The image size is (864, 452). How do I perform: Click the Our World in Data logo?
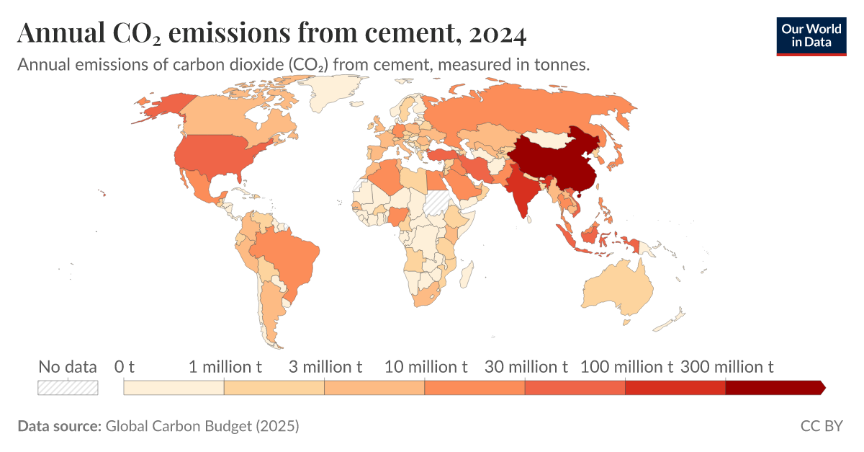coord(811,35)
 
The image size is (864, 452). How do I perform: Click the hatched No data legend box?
coord(68,387)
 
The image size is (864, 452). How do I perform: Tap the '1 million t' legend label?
coord(225,367)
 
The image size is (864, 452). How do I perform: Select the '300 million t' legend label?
coord(726,367)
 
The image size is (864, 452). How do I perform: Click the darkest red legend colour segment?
coord(774,388)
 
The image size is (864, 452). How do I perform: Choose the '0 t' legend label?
coord(125,367)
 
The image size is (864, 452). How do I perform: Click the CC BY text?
coord(821,426)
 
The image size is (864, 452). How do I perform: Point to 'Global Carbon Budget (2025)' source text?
coord(202,426)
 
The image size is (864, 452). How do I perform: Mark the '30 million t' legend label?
coord(526,367)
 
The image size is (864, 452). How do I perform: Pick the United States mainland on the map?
coord(216,155)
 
